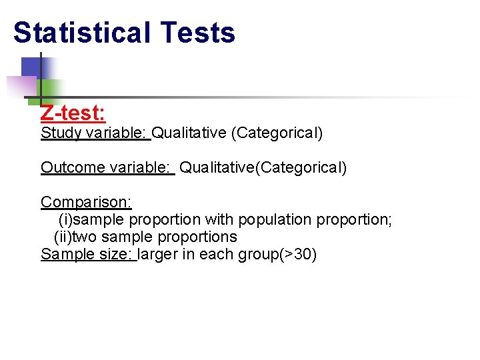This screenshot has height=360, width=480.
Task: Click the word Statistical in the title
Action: tap(81, 33)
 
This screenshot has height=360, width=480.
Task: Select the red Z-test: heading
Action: tap(73, 113)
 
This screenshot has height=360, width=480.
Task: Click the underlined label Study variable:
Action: tap(95, 133)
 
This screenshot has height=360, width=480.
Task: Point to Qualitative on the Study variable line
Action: tap(189, 133)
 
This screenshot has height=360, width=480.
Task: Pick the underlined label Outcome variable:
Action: tap(106, 167)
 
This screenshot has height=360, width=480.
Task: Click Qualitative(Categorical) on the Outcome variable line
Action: tap(263, 167)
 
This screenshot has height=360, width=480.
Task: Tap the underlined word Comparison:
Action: tap(86, 202)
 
